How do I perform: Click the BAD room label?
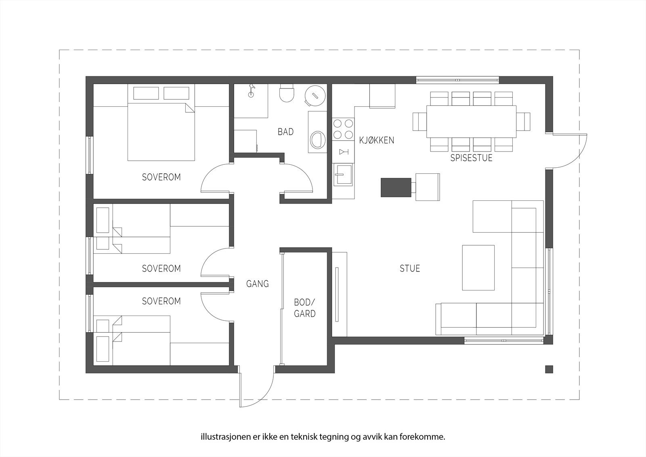[x=285, y=132]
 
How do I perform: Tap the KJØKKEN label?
[x=377, y=140]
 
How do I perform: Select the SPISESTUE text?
[x=471, y=158]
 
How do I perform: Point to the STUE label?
[x=409, y=268]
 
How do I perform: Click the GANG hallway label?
[x=258, y=284]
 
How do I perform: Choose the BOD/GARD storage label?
[x=305, y=308]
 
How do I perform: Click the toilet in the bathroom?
[x=287, y=93]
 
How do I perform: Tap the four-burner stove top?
[x=343, y=129]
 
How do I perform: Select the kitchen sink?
[x=343, y=175]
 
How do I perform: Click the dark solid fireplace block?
[x=396, y=187]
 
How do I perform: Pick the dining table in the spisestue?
[x=471, y=122]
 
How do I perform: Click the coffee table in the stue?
[x=478, y=267]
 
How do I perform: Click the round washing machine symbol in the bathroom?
[x=315, y=95]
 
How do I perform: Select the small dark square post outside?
[x=549, y=369]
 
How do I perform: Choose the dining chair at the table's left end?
[x=419, y=122]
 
